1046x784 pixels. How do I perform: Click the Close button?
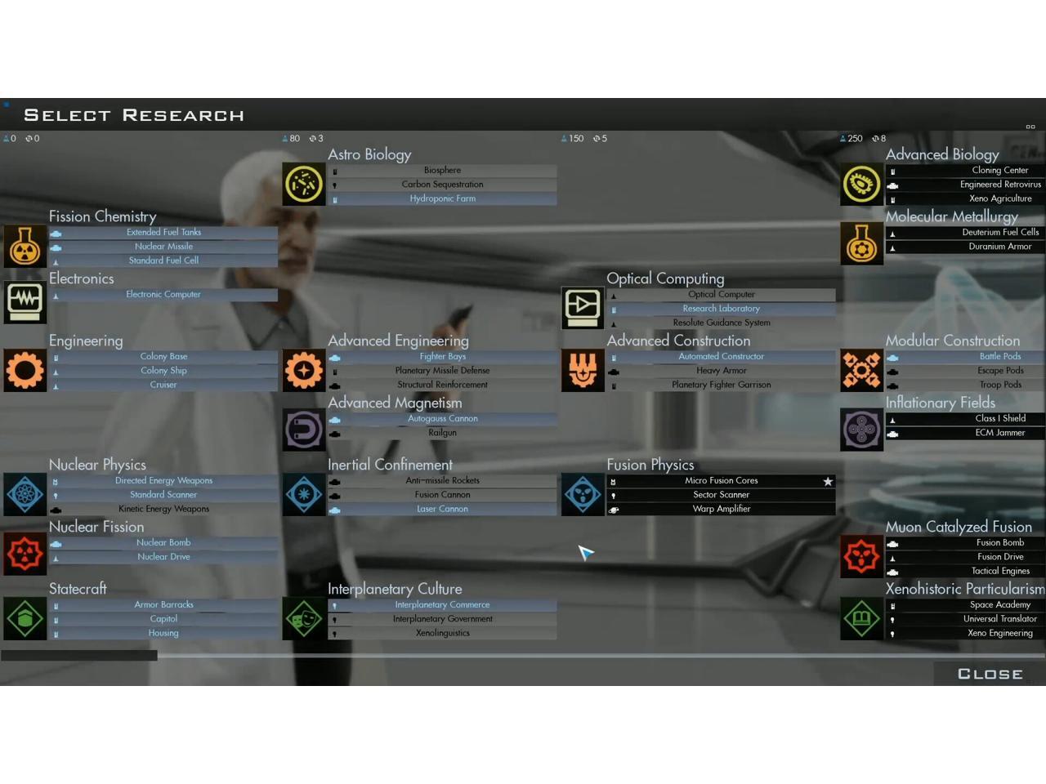point(990,674)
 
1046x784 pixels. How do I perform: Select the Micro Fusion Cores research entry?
point(721,481)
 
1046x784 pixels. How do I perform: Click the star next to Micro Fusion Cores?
point(828,482)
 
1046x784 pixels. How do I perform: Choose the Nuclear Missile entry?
point(163,247)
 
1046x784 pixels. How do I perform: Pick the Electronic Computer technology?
point(163,295)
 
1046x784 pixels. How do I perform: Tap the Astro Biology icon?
point(304,184)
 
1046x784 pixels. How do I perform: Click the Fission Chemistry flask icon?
point(25,247)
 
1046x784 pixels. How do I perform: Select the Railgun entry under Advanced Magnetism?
point(442,433)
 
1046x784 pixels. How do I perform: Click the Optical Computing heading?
point(665,278)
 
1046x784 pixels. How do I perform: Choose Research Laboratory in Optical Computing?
point(721,309)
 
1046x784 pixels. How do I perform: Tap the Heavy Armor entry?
point(721,371)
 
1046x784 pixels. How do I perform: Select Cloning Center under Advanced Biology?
point(999,171)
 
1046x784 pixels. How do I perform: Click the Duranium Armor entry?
point(999,247)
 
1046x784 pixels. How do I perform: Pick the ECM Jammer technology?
point(999,433)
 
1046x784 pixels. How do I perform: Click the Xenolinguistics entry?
point(442,633)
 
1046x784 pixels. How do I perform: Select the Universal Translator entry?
point(999,619)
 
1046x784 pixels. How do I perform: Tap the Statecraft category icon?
point(25,618)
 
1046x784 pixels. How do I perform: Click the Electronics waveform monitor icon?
point(25,302)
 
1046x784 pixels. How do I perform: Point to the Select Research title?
point(134,115)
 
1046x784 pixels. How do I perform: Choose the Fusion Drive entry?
point(999,557)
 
